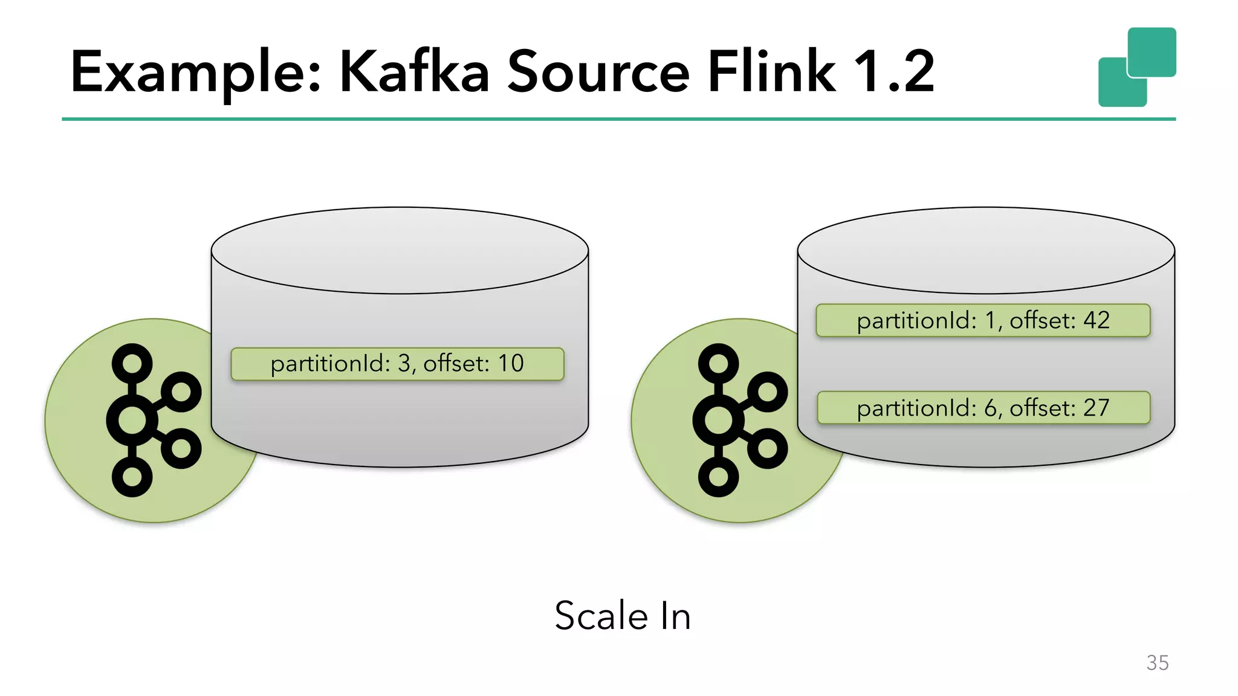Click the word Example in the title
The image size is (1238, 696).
coord(195,72)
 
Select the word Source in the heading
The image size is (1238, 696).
coord(598,72)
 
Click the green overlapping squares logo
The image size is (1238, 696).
coord(1137,67)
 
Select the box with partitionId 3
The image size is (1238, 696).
coord(397,364)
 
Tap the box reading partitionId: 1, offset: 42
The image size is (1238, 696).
coord(983,320)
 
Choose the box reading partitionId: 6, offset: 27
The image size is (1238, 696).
coord(983,408)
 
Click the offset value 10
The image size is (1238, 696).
coord(511,364)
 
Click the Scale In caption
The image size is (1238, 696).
coord(623,616)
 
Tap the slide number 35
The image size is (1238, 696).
coord(1157,663)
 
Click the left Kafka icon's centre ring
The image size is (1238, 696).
coord(132,420)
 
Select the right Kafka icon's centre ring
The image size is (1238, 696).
coord(719,420)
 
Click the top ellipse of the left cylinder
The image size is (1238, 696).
coord(400,251)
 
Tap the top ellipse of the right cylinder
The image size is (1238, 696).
coord(986,251)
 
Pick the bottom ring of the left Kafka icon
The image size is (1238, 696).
coord(132,477)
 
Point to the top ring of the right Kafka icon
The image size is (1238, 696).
coord(719,364)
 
